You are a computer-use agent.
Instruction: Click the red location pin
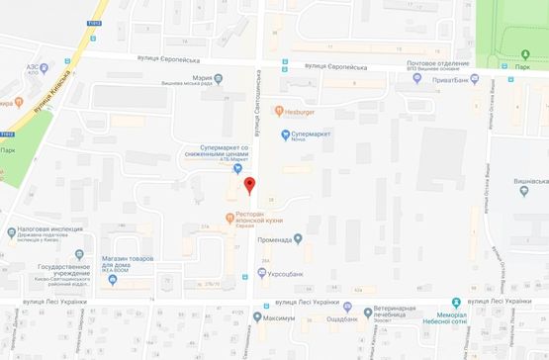pyautogui.click(x=249, y=185)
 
